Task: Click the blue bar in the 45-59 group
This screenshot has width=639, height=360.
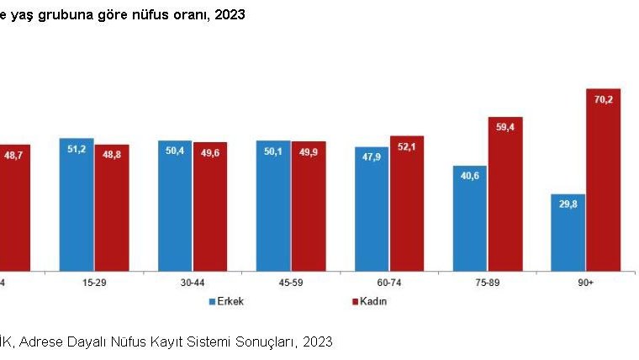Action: [273, 205]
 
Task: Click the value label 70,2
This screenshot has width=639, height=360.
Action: [603, 99]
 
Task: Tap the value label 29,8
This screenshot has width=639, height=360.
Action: [568, 204]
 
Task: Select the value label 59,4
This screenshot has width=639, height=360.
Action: [504, 126]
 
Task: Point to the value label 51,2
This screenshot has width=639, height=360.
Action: [77, 148]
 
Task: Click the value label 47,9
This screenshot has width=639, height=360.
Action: [371, 156]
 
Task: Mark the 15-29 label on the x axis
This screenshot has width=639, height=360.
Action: [94, 283]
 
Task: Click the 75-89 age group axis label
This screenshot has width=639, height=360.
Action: [487, 283]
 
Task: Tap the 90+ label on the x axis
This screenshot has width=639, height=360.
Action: [585, 283]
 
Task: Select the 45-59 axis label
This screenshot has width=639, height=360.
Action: [290, 283]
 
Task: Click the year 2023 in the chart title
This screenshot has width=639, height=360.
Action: [230, 15]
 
